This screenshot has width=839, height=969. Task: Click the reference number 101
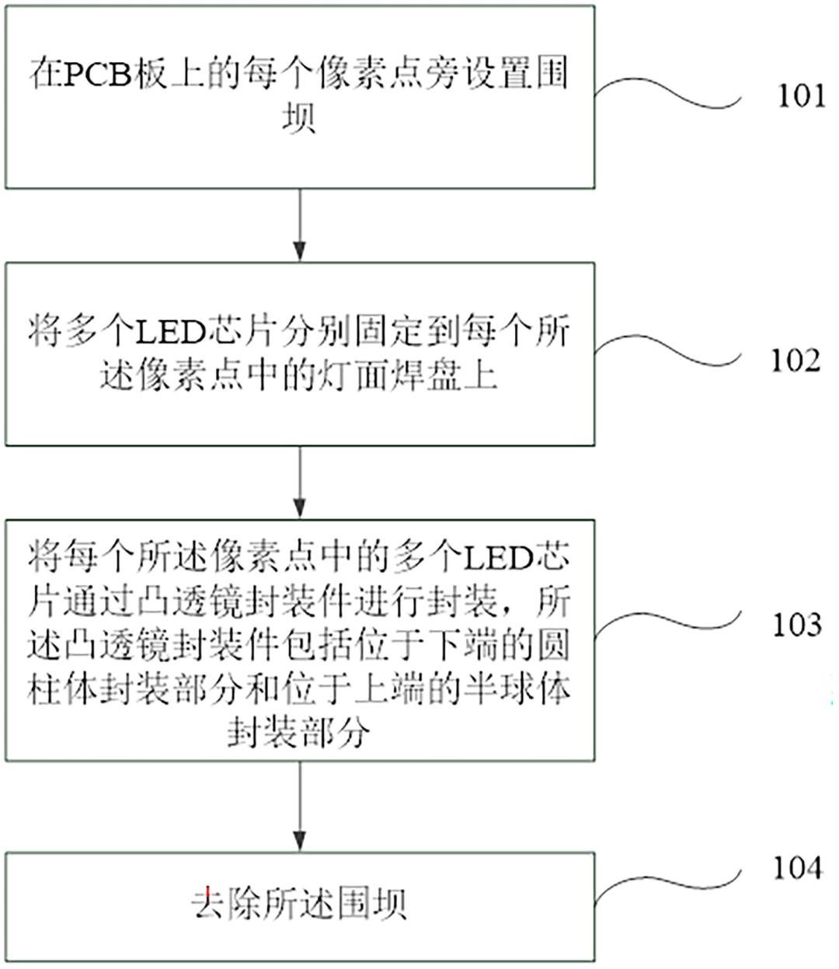click(801, 96)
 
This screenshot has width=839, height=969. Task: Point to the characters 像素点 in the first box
click(368, 75)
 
